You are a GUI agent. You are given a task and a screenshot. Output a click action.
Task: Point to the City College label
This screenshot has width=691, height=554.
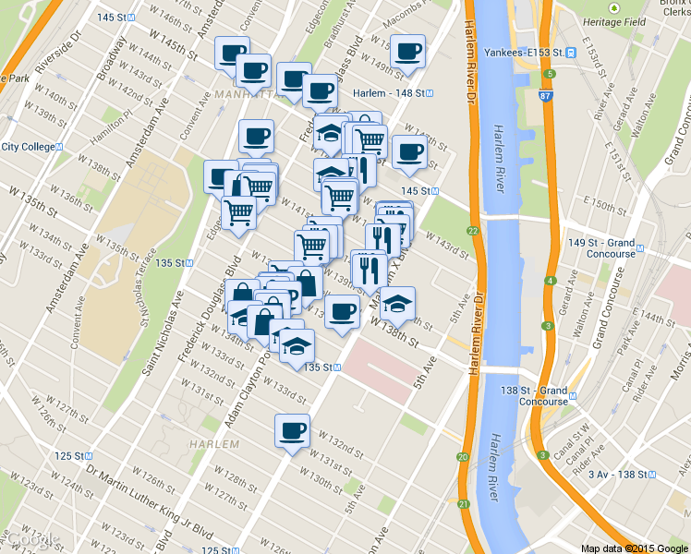pyautogui.click(x=28, y=147)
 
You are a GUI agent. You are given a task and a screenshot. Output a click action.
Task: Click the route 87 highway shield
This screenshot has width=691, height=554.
pyautogui.click(x=548, y=94)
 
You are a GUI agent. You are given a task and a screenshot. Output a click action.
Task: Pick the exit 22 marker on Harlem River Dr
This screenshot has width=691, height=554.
pyautogui.click(x=472, y=231)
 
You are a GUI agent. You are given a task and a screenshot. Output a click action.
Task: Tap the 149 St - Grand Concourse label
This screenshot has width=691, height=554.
pyautogui.click(x=602, y=247)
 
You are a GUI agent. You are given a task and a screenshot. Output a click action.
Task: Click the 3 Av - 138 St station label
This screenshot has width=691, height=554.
pyautogui.click(x=621, y=475)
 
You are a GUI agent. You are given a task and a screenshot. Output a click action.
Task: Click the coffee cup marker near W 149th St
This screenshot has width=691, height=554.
pyautogui.click(x=406, y=52)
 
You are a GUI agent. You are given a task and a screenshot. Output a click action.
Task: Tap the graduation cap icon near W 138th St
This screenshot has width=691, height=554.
pyautogui.click(x=397, y=304)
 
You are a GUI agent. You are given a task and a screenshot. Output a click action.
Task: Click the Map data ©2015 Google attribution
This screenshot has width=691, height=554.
pyautogui.click(x=634, y=548)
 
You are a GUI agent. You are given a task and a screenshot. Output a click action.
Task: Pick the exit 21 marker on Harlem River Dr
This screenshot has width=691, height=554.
pyautogui.click(x=462, y=504)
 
